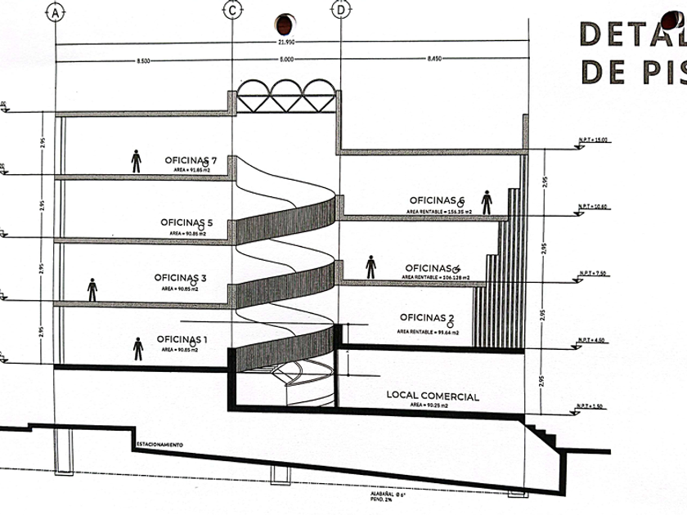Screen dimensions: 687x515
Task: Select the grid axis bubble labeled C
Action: click(x=233, y=11)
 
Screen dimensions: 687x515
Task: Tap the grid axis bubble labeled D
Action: click(x=339, y=11)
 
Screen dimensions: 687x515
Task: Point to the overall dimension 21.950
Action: click(x=286, y=43)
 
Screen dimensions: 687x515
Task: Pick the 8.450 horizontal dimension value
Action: click(x=433, y=60)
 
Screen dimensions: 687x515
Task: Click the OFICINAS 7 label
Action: click(x=190, y=160)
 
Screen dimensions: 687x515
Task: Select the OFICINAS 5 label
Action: click(x=186, y=222)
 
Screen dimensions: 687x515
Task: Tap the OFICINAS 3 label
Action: click(x=181, y=278)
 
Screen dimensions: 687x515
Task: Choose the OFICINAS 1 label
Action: click(x=182, y=339)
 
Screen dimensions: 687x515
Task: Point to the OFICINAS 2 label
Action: click(x=427, y=317)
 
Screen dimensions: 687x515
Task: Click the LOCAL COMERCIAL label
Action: click(x=433, y=396)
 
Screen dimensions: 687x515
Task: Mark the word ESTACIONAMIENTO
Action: click(x=159, y=445)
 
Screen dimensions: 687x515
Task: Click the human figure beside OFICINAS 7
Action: click(x=136, y=161)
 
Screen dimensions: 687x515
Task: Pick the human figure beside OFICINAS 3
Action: click(x=92, y=289)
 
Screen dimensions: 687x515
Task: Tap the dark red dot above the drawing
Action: click(x=285, y=21)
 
